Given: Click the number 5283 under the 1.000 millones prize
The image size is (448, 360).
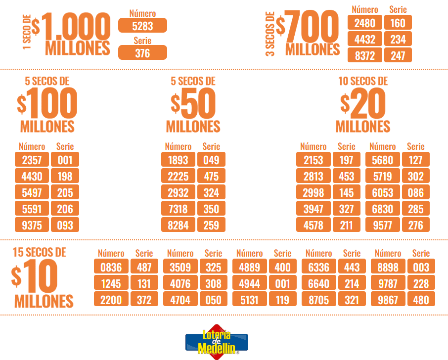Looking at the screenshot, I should (x=142, y=25).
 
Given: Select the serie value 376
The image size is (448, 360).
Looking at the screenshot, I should (x=142, y=53).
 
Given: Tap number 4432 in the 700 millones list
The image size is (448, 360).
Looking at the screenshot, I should (x=365, y=39).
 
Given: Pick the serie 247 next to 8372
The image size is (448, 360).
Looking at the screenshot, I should (x=398, y=55).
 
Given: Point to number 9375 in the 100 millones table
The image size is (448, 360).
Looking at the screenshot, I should (x=32, y=225).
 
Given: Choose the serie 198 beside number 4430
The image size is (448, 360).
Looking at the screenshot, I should (x=65, y=176).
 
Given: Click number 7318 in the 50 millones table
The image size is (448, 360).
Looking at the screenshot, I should (x=178, y=209).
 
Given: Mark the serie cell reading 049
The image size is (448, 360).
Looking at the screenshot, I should (x=211, y=160).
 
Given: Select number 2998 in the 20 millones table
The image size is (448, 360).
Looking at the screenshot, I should (x=313, y=192).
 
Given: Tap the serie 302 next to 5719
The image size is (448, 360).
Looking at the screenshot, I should (x=416, y=176).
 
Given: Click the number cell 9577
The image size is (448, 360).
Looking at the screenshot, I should (x=382, y=225).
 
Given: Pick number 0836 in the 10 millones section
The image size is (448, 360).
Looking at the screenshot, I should (x=111, y=267).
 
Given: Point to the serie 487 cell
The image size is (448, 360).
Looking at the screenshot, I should (x=144, y=267).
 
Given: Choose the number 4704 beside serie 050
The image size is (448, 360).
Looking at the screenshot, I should (x=180, y=299).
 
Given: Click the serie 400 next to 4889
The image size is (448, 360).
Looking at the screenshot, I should (x=283, y=267).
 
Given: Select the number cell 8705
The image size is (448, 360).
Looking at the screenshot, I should (x=319, y=299).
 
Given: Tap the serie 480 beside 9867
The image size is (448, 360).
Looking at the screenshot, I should (x=421, y=299).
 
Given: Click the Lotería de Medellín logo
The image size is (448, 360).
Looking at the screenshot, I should (x=216, y=340).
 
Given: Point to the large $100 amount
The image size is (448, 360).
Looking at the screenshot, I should (x=47, y=104).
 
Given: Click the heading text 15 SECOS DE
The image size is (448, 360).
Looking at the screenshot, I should (x=39, y=252).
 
